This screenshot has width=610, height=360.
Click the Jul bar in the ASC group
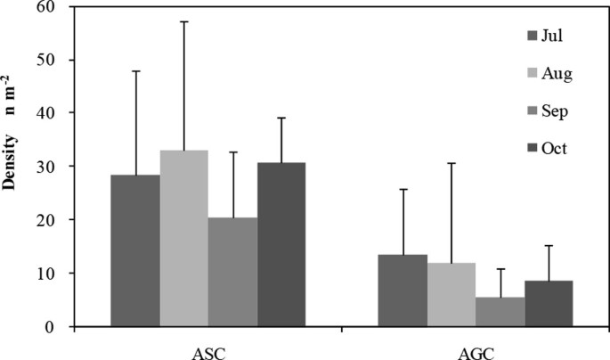click(135, 250)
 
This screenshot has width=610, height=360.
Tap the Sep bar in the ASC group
click(232, 272)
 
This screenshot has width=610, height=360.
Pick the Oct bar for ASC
click(281, 244)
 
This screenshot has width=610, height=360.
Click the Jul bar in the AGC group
click(403, 290)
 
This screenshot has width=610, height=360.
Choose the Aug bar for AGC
click(451, 294)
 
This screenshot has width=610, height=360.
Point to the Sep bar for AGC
click(500, 311)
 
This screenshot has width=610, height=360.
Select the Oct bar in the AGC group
click(549, 303)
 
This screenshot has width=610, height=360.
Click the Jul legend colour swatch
click(533, 36)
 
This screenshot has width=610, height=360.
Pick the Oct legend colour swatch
click(533, 148)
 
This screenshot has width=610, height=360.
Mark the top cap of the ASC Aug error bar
click(183, 21)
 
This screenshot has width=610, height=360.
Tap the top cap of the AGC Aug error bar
click(451, 163)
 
